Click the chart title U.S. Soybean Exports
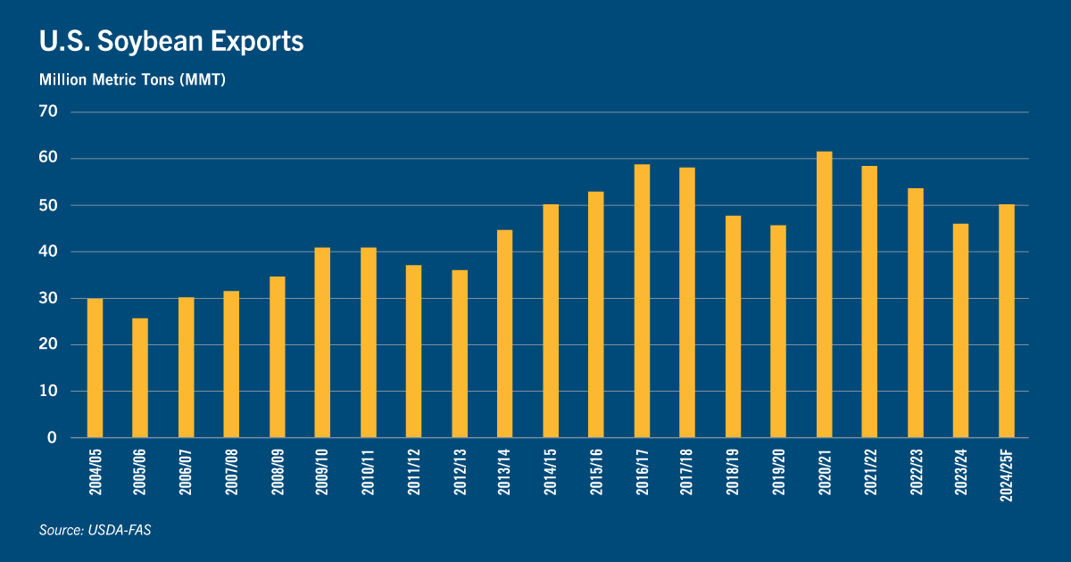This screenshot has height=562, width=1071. (171, 42)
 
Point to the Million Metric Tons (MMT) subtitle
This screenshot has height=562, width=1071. (132, 80)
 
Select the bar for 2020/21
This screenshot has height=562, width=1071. (825, 294)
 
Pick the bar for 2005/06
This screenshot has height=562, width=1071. (140, 377)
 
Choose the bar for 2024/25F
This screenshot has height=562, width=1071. (1007, 321)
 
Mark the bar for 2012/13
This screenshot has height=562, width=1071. (460, 353)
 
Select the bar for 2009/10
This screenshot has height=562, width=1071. (322, 343)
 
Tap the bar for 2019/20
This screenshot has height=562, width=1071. (778, 331)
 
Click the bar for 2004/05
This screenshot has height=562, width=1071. (95, 368)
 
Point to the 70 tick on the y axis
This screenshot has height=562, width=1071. (48, 112)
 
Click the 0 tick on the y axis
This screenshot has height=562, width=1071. (53, 438)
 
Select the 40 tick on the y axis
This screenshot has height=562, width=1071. (48, 252)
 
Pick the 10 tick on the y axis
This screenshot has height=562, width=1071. (48, 392)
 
